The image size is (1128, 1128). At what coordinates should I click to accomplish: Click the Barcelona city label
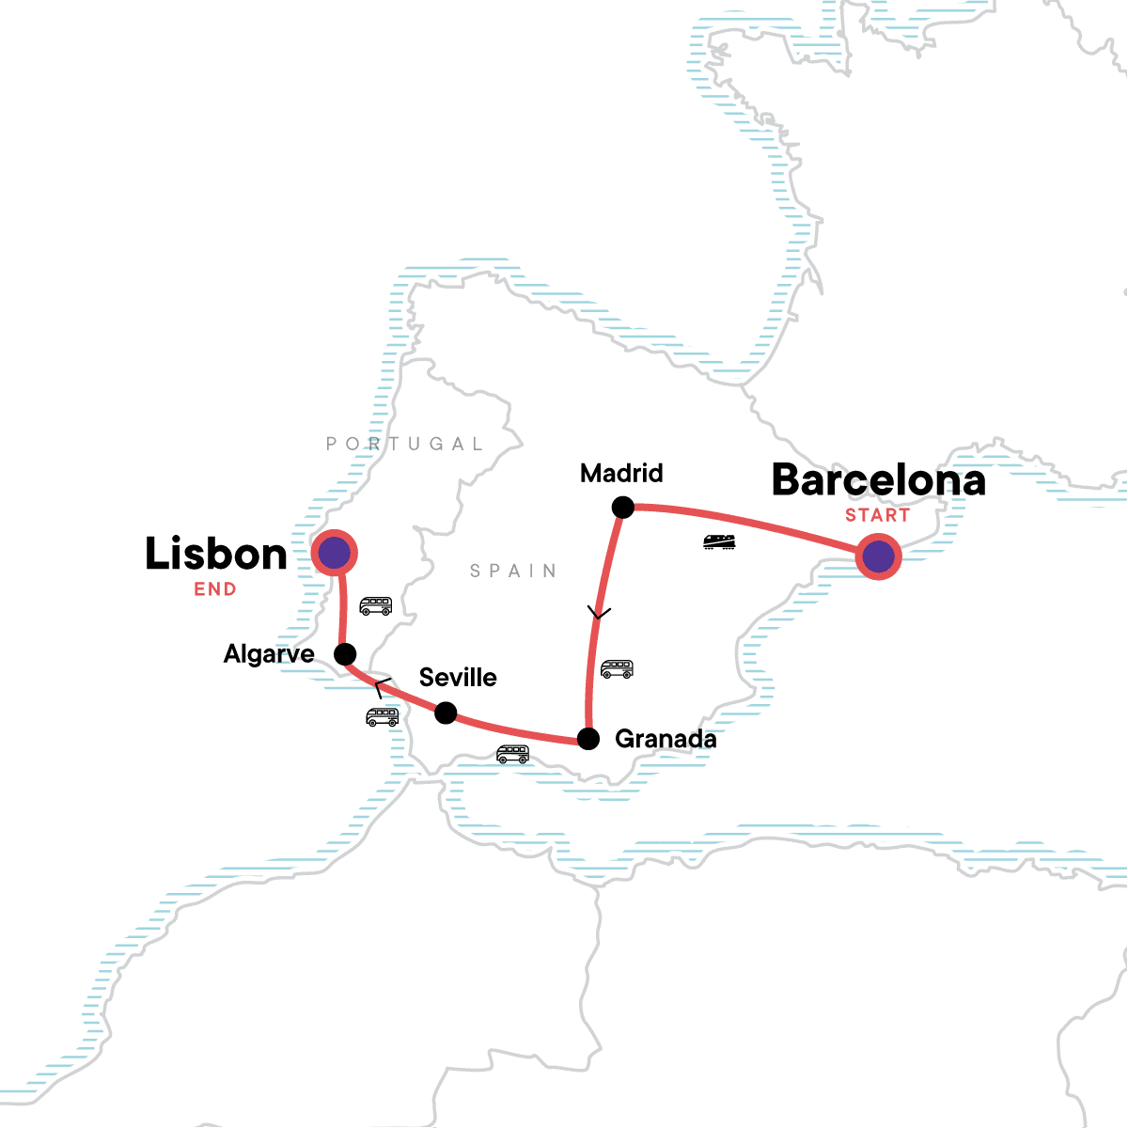click(878, 480)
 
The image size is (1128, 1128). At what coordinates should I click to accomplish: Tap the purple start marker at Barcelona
click(878, 556)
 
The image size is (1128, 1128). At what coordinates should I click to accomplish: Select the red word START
click(877, 515)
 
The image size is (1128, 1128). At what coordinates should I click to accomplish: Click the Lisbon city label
click(216, 555)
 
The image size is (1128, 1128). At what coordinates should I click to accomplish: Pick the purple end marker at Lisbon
click(335, 553)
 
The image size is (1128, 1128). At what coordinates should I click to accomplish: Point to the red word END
click(215, 589)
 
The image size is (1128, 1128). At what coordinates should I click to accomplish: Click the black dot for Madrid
click(622, 508)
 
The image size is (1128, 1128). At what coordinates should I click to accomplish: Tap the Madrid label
click(621, 473)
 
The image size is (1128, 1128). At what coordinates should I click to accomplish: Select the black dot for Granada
click(587, 739)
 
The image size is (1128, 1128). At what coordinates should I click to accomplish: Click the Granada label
click(666, 739)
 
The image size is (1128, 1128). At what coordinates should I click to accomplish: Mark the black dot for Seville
click(446, 713)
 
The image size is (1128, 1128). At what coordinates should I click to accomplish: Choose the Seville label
click(458, 678)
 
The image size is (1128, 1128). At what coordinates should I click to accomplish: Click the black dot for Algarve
click(345, 654)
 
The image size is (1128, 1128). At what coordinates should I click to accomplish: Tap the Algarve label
click(269, 654)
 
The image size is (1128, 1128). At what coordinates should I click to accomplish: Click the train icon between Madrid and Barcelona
click(719, 541)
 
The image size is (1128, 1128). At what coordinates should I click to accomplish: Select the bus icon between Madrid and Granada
click(617, 669)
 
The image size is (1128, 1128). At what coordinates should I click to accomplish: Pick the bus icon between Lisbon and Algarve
click(376, 606)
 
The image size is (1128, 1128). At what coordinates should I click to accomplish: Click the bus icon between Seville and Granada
click(512, 754)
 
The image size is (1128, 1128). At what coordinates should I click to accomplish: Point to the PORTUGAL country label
click(405, 444)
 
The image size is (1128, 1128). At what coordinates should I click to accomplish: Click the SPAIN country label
click(513, 571)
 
